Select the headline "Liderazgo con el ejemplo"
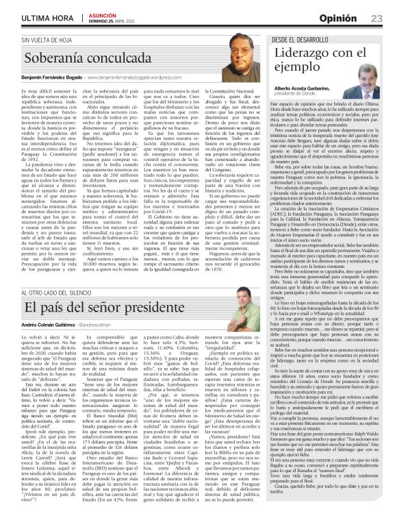[x=316, y=60]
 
